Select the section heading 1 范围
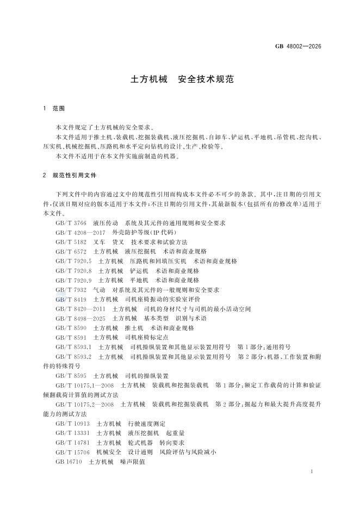click(x=53, y=109)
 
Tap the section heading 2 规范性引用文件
click(x=71, y=176)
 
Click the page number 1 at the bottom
click(x=311, y=471)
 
